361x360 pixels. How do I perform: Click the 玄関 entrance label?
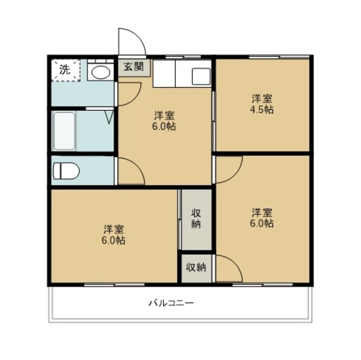click(134, 67)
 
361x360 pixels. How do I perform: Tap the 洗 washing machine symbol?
click(66, 70)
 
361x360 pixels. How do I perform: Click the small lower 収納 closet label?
click(196, 268)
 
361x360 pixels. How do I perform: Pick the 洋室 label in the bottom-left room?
click(114, 229)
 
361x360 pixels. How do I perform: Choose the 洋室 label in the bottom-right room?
click(262, 213)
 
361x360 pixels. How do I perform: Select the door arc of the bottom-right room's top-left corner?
click(228, 169)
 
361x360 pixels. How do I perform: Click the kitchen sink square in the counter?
click(199, 76)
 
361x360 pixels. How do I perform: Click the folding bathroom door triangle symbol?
click(109, 118)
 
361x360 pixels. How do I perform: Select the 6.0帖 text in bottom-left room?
click(114, 241)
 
